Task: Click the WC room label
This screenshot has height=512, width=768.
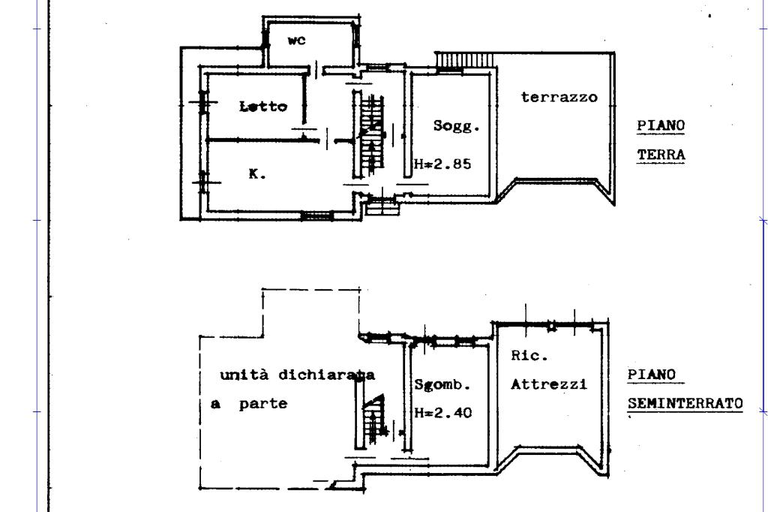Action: point(296,41)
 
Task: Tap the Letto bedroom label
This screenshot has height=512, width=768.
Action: point(263,106)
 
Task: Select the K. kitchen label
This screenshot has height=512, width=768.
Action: point(257,173)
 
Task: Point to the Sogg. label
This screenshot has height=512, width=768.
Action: point(456,126)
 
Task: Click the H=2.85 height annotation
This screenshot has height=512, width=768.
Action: point(442,164)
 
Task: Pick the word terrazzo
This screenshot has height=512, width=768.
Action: point(559,97)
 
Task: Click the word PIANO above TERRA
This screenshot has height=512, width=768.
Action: point(661,125)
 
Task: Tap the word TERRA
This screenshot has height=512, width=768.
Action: point(661,155)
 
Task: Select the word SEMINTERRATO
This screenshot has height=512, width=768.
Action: point(685,403)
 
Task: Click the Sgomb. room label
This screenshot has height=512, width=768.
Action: point(442,384)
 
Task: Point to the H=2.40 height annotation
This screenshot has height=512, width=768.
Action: point(443,413)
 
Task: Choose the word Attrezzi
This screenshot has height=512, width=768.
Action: point(548,384)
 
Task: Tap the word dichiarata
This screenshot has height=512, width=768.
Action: point(327,375)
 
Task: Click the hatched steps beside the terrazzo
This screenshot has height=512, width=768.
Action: point(463,60)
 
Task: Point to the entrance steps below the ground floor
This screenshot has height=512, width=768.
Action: point(382,206)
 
